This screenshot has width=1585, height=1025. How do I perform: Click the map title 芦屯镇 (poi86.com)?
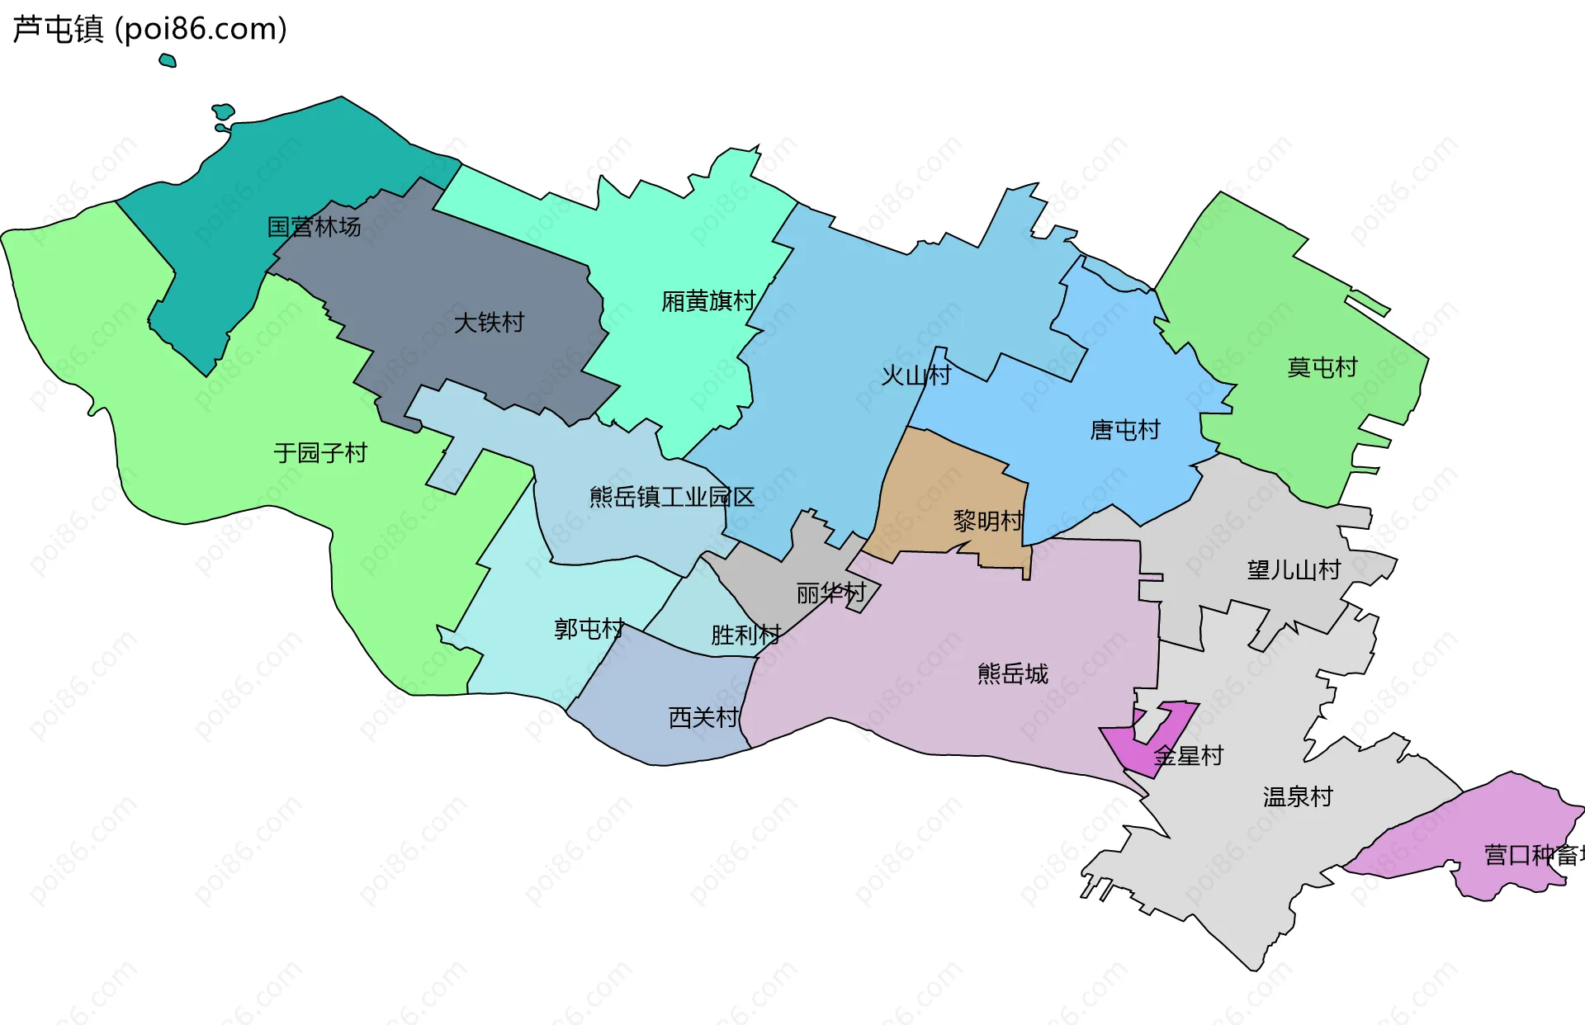tap(149, 29)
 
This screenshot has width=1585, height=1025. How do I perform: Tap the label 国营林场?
tap(314, 226)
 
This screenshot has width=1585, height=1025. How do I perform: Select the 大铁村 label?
tap(489, 322)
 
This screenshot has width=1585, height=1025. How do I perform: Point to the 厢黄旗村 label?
tap(708, 301)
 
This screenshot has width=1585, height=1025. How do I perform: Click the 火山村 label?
tap(916, 376)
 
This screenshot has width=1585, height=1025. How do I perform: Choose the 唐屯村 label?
tap(1125, 430)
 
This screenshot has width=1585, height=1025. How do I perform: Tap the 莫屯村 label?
tap(1322, 367)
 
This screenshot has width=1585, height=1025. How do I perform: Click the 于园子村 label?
tap(320, 452)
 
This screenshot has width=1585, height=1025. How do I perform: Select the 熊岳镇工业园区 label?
tap(672, 497)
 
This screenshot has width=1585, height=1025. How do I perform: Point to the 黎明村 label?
tap(988, 521)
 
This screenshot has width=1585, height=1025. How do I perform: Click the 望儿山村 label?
tap(1294, 569)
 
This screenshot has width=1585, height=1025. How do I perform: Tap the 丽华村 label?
tap(830, 593)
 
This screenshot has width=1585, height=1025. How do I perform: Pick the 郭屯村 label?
tap(589, 629)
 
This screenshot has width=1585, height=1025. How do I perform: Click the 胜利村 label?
tap(745, 635)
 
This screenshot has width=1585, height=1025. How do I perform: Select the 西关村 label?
tap(703, 717)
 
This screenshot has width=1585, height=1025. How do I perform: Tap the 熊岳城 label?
tap(1012, 673)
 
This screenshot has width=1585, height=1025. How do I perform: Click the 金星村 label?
tap(1188, 755)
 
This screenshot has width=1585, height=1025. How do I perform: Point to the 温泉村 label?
tap(1298, 796)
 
